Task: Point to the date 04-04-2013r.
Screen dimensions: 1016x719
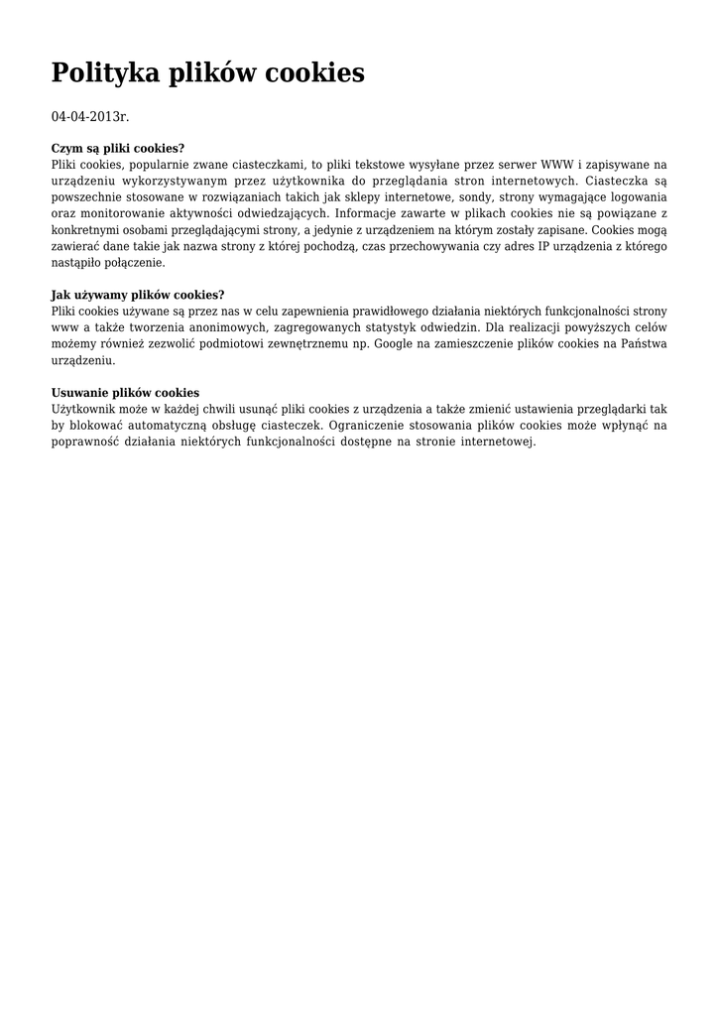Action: point(90,117)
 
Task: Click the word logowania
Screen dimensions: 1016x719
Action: point(636,197)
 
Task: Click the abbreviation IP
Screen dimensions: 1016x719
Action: point(543,246)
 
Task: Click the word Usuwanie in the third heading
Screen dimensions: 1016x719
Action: point(79,393)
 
